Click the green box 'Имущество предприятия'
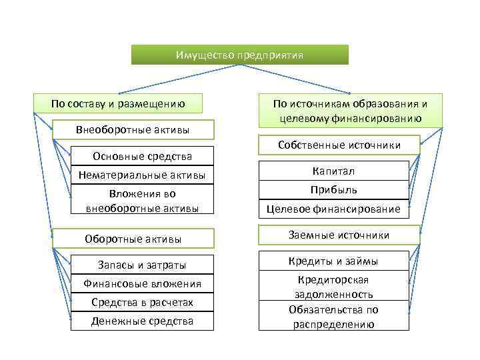click(239, 55)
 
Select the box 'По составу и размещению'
click(117, 103)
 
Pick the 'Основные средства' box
click(142, 157)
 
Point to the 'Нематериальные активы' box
click(142, 175)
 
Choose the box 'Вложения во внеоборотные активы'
click(142, 201)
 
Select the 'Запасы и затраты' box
click(142, 265)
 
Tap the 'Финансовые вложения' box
click(142, 284)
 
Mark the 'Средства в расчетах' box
click(142, 303)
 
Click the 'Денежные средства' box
click(142, 321)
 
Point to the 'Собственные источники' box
click(339, 145)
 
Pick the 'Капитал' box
click(333, 171)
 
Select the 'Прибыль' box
click(333, 190)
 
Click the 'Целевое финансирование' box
click(333, 209)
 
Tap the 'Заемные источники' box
click(339, 235)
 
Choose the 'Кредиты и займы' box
click(333, 261)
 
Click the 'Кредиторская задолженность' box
click(333, 287)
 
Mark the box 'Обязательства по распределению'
click(333, 317)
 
